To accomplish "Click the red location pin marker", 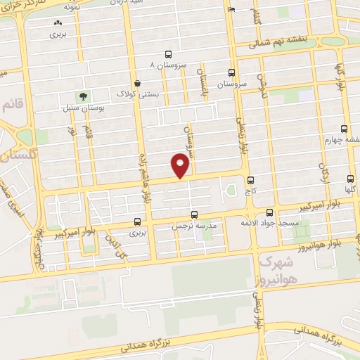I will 181,166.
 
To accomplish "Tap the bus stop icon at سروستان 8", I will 167,54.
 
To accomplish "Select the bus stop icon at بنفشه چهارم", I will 344,128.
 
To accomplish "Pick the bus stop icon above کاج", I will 248,179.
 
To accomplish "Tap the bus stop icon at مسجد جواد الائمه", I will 271,212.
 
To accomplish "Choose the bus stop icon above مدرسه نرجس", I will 194,214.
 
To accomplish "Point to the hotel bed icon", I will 232,11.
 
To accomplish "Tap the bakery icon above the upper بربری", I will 57,22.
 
